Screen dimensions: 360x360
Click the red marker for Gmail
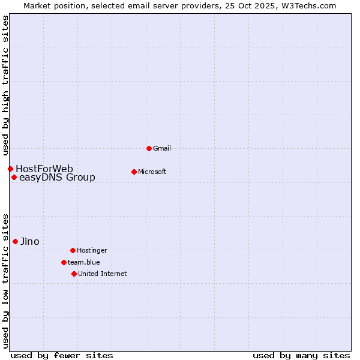click(149, 148)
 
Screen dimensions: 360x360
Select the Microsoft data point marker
click(134, 172)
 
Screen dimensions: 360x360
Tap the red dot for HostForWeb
click(10, 169)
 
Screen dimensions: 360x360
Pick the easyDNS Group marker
click(14, 177)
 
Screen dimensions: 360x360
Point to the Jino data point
click(15, 241)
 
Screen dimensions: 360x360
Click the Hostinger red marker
click(73, 250)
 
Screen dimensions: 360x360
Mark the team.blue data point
click(64, 262)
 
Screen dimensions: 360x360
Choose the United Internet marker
click(74, 274)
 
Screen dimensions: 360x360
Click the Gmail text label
click(162, 148)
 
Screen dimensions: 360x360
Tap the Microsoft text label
click(152, 172)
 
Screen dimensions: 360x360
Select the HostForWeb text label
click(44, 169)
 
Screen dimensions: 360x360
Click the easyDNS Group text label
click(57, 177)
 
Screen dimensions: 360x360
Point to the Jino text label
click(30, 241)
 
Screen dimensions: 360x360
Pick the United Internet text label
click(103, 274)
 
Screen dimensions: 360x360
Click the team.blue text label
click(84, 262)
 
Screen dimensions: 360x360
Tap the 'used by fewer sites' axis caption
click(62, 355)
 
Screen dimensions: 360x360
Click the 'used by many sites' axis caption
click(301, 355)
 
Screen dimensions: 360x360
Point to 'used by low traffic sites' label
click(5, 280)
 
